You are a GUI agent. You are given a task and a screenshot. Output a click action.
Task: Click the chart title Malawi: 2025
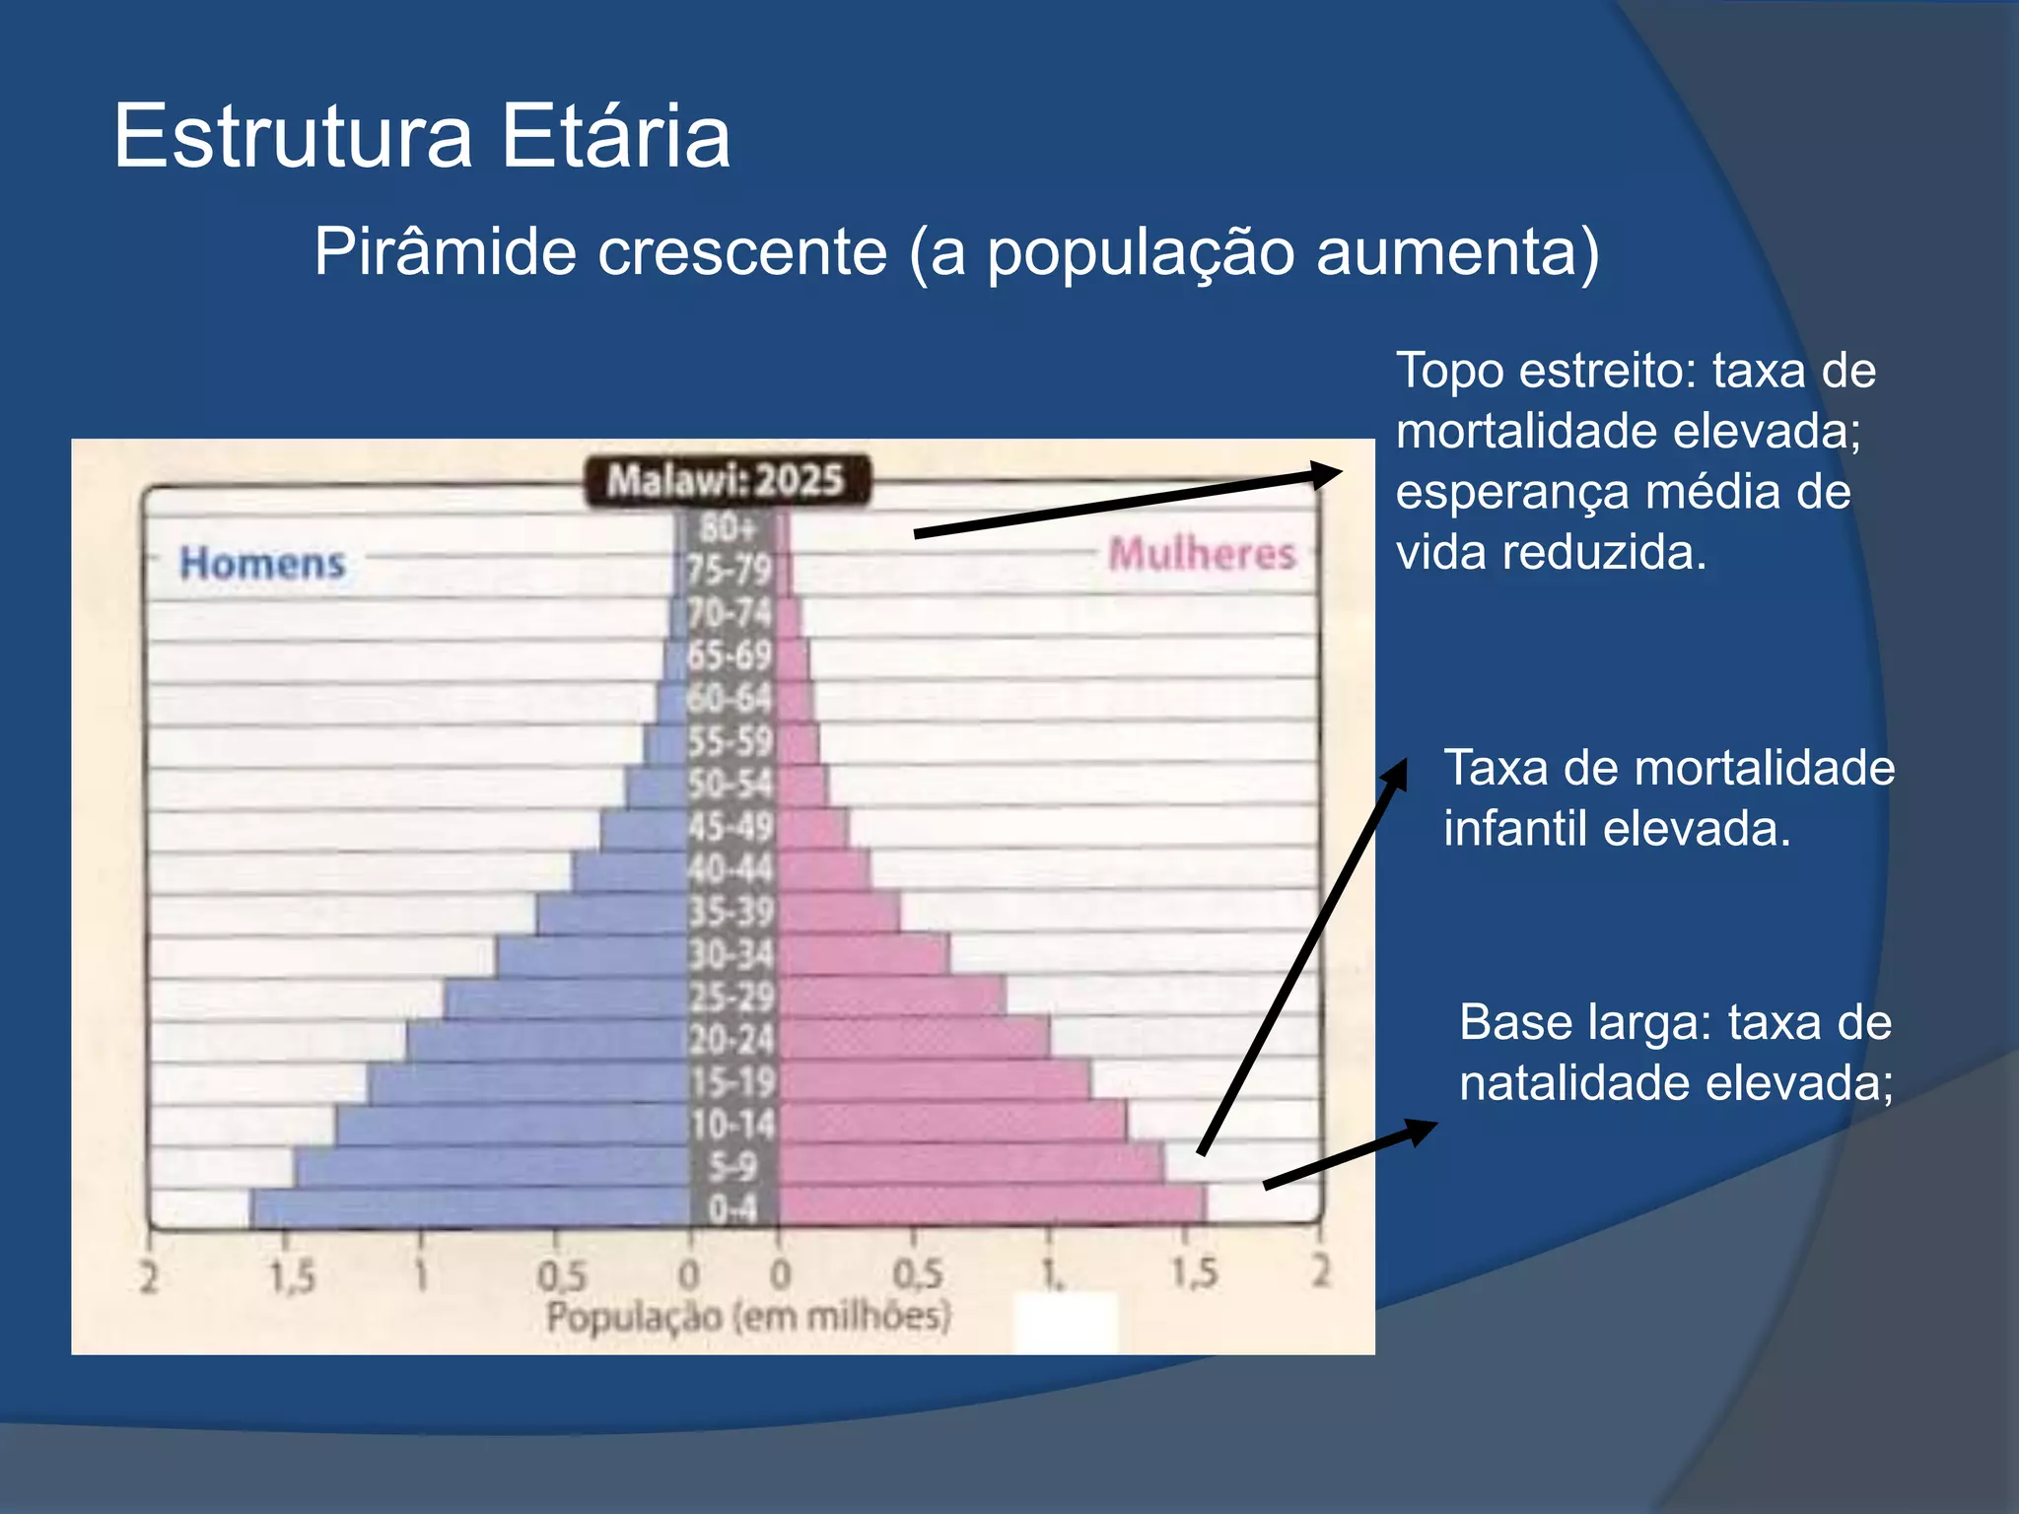727,481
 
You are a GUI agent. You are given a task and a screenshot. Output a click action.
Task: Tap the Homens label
262,564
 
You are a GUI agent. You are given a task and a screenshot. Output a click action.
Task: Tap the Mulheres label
1202,554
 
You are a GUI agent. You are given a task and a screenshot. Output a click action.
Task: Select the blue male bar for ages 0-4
470,1207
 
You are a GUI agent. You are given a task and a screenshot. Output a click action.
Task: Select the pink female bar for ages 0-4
991,1205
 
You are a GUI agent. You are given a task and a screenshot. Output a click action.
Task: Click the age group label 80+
728,529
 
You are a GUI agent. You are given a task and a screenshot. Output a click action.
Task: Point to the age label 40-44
731,869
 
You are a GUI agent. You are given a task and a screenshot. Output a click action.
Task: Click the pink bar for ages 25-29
892,996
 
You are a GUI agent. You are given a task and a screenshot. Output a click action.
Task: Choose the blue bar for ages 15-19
528,1082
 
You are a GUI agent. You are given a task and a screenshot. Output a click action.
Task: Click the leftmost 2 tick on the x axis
149,1277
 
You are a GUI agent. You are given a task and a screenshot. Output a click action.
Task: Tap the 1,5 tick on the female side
1194,1273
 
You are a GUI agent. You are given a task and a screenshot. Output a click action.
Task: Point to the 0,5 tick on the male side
561,1277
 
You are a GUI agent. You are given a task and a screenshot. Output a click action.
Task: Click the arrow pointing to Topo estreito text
1128,504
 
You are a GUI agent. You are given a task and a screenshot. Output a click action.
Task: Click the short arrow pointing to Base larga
1350,1153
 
